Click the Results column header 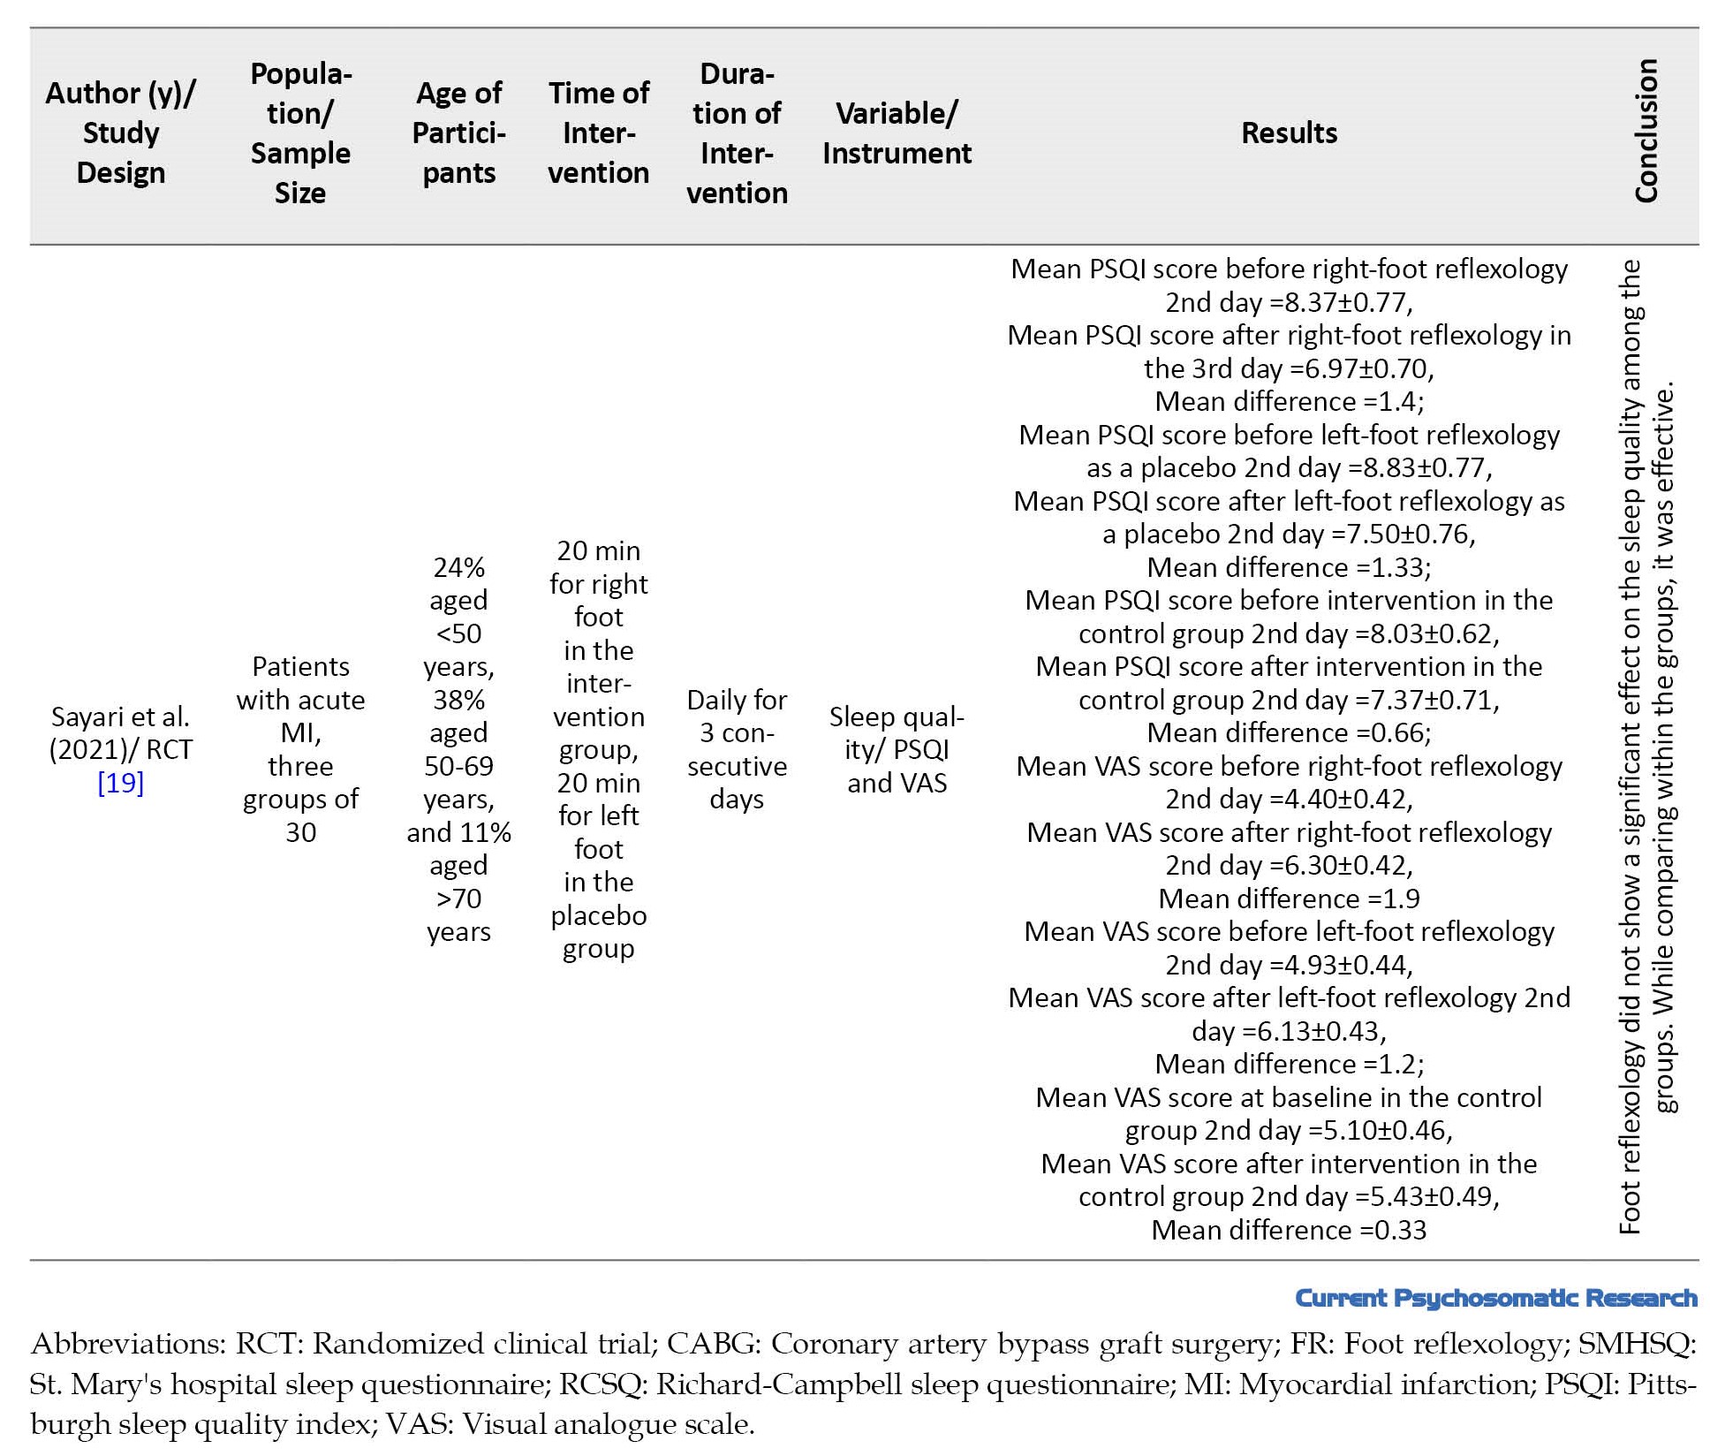[x=1289, y=133]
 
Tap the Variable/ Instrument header [x=897, y=133]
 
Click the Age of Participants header [x=458, y=133]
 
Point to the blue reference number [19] [x=120, y=783]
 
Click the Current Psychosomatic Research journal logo [x=1495, y=1298]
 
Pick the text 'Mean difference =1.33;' [x=1289, y=567]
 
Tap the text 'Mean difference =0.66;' [x=1289, y=732]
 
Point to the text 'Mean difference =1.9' [x=1289, y=899]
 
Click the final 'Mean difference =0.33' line [x=1289, y=1230]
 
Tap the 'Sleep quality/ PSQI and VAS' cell [x=897, y=749]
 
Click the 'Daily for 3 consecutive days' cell [x=737, y=749]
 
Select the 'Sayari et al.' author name [x=120, y=717]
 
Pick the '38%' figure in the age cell [x=458, y=700]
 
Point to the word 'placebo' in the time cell [x=598, y=915]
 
